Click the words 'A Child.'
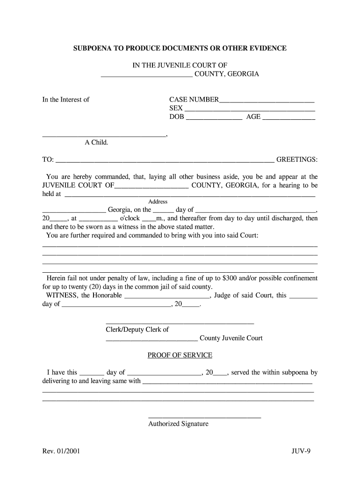point(96,142)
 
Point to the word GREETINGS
point(297,160)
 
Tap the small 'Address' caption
point(158,202)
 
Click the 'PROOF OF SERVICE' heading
point(180,355)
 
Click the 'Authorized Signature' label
point(178,424)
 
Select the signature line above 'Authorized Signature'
point(204,417)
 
